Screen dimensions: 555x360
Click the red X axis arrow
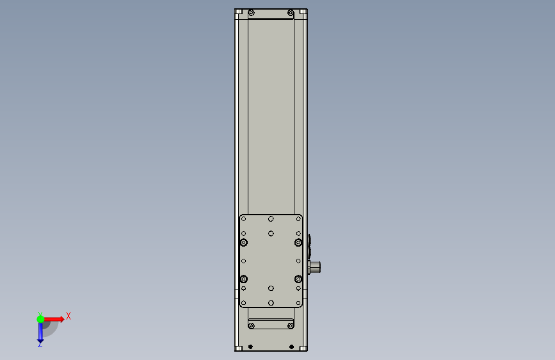tap(53, 319)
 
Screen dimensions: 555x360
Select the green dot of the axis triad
tap(40, 319)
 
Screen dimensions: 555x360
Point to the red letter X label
tap(68, 316)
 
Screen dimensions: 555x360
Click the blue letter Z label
tap(40, 345)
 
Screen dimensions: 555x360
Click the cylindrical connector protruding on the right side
tap(314, 267)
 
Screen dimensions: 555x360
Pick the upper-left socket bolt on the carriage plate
tap(243, 242)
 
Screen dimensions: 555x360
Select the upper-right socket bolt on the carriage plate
tap(298, 242)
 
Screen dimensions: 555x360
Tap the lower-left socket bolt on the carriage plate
tap(243, 279)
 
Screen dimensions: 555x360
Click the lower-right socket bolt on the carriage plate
tap(298, 279)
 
